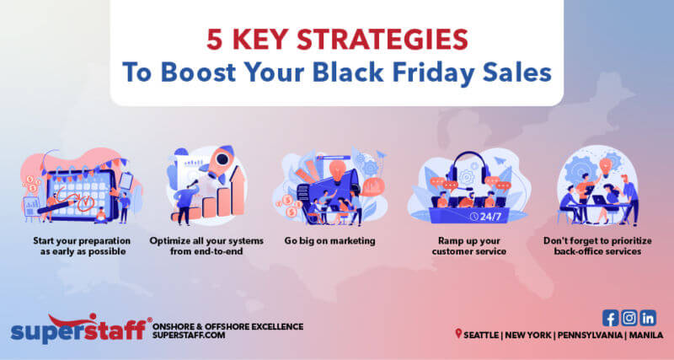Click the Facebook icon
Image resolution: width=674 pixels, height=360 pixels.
(x=611, y=318)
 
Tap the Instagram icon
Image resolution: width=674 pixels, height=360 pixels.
(x=629, y=318)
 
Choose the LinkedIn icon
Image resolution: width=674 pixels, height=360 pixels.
(x=648, y=318)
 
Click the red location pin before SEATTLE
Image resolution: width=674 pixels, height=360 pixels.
(x=458, y=335)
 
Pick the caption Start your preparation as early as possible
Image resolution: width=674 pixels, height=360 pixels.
(x=76, y=246)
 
